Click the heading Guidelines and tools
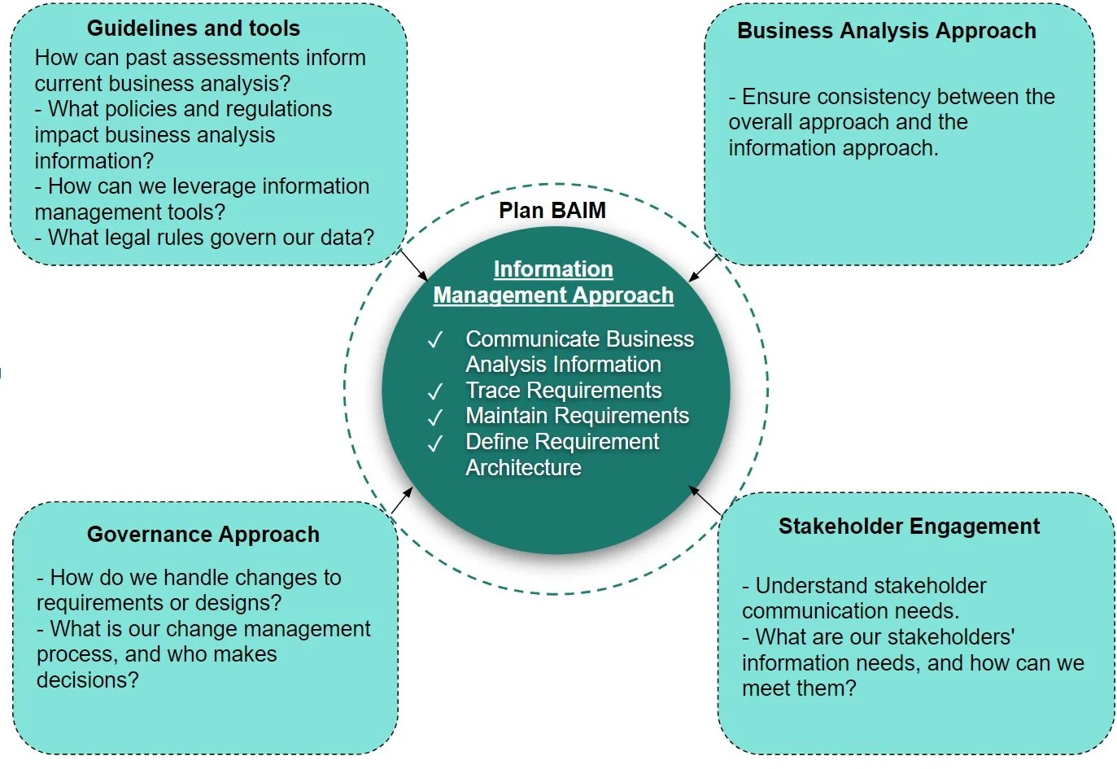[x=193, y=28]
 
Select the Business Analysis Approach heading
[x=886, y=31]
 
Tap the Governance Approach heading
[x=203, y=535]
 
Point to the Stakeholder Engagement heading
[x=909, y=527]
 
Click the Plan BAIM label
[x=552, y=211]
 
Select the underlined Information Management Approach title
[x=553, y=282]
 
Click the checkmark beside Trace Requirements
[x=435, y=391]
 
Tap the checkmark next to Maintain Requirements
[x=435, y=417]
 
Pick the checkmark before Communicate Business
[x=435, y=339]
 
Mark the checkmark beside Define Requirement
[x=435, y=443]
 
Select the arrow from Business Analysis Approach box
[x=703, y=268]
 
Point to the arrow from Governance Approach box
[x=402, y=500]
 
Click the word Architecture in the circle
[x=523, y=468]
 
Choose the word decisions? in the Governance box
[x=88, y=679]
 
